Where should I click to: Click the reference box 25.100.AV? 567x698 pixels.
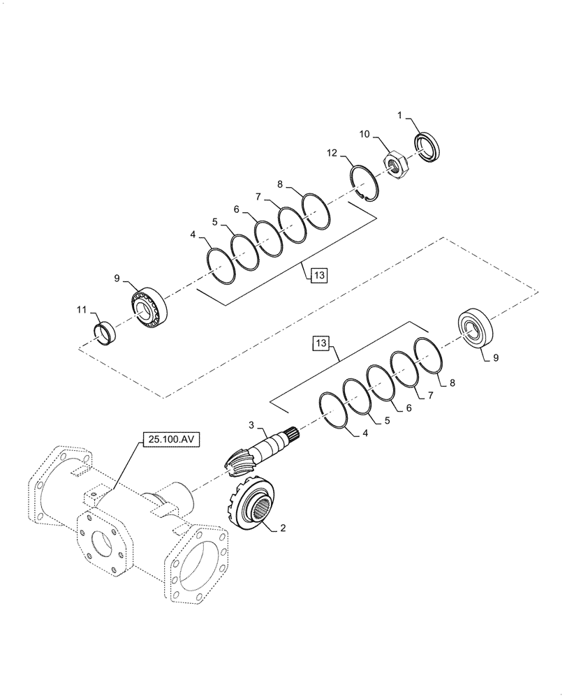click(x=170, y=440)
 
